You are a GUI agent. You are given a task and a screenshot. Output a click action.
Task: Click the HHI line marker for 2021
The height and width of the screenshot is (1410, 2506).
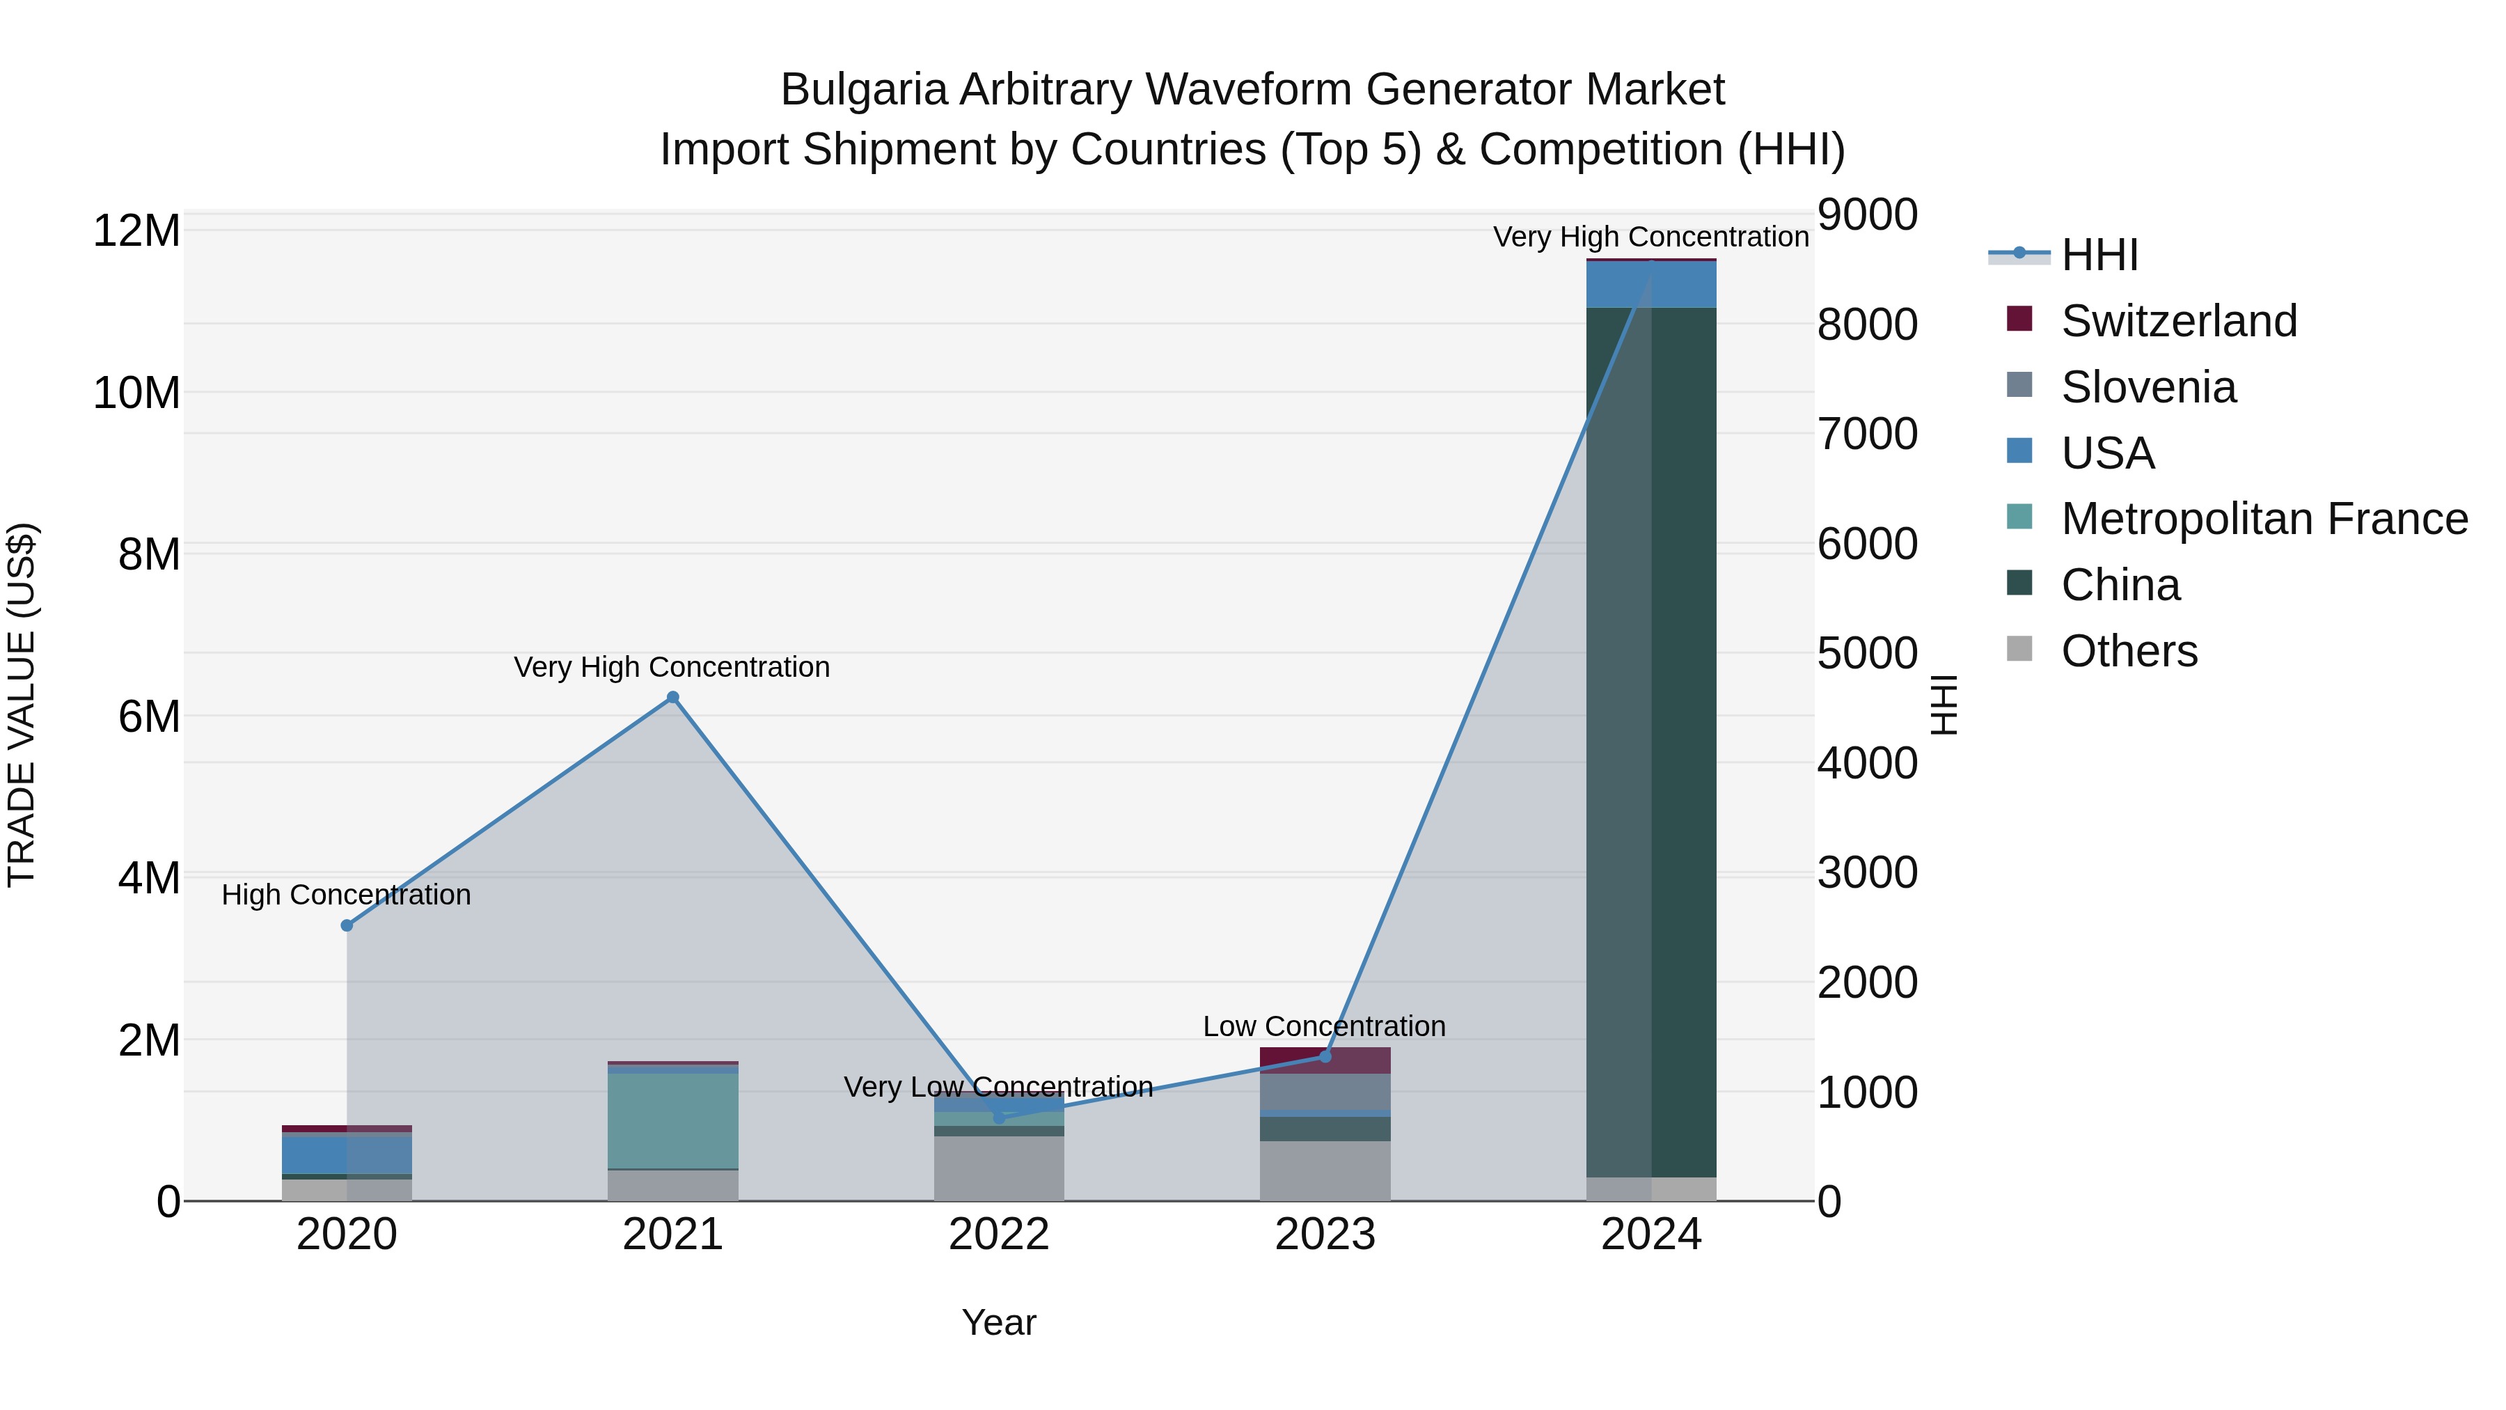pyautogui.click(x=672, y=698)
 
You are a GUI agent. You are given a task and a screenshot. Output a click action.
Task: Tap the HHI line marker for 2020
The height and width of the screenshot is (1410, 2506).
pyautogui.click(x=347, y=925)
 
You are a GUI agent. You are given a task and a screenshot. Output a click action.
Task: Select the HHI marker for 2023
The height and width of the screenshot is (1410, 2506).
pyautogui.click(x=1324, y=1056)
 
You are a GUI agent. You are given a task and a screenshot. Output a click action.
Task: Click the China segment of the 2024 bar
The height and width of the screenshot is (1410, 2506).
pyautogui.click(x=1651, y=739)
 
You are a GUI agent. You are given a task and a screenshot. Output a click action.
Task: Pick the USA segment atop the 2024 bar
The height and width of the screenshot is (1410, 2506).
pyautogui.click(x=1651, y=284)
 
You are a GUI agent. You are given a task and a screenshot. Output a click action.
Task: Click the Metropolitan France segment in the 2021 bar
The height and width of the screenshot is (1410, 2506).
pyautogui.click(x=672, y=1119)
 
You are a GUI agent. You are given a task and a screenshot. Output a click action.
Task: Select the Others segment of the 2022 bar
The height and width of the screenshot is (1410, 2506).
pyautogui.click(x=998, y=1168)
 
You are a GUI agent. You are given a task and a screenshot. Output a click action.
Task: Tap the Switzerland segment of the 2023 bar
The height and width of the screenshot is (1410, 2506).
pyautogui.click(x=1324, y=1060)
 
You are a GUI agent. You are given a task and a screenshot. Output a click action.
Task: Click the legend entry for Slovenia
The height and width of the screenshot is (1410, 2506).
pyautogui.click(x=2148, y=387)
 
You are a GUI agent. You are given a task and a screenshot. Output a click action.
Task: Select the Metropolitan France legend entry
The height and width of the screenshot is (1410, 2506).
pyautogui.click(x=2263, y=519)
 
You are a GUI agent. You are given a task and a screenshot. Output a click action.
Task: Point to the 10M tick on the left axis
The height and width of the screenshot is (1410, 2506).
pyautogui.click(x=136, y=393)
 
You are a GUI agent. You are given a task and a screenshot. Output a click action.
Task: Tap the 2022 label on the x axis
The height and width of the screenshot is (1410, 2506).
pyautogui.click(x=998, y=1235)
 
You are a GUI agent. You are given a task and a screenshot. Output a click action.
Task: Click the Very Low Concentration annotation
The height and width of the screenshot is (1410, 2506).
pyautogui.click(x=998, y=1086)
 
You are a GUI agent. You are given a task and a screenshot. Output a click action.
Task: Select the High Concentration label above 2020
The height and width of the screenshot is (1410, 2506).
pyautogui.click(x=347, y=894)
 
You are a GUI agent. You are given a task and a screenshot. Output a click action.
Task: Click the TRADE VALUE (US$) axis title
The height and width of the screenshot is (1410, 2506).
pyautogui.click(x=22, y=705)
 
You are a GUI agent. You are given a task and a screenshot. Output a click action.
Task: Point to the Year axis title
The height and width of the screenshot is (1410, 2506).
pyautogui.click(x=998, y=1322)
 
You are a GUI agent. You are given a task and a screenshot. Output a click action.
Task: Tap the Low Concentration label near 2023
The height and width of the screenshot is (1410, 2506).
pyautogui.click(x=1324, y=1026)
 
